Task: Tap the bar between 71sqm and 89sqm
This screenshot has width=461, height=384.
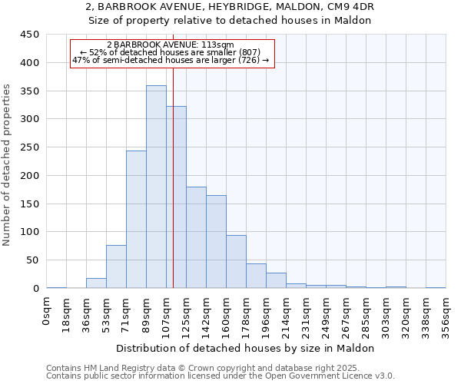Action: (x=136, y=219)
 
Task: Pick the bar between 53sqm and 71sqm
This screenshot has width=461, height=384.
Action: (x=116, y=266)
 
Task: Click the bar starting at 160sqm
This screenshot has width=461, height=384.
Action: (x=236, y=261)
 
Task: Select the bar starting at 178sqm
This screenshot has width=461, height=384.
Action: (x=256, y=276)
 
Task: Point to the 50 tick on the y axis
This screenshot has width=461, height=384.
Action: (x=32, y=260)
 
